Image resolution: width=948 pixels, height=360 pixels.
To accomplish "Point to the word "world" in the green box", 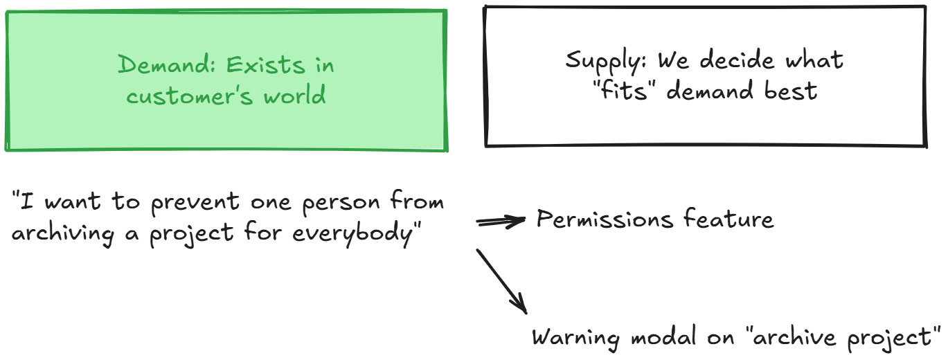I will point(296,95).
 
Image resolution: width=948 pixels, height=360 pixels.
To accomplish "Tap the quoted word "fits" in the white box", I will point(623,90).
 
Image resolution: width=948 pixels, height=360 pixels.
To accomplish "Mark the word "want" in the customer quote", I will point(69,204).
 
